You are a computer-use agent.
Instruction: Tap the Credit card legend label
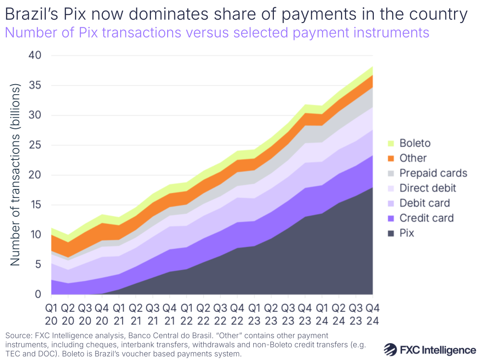426,218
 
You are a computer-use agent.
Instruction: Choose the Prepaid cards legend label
433,173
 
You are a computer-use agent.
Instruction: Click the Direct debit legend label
428,188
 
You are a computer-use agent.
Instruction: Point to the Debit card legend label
424,203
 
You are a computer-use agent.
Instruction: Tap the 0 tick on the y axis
38,294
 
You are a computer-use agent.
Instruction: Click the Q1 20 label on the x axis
52,313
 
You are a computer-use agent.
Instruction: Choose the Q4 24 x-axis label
371,313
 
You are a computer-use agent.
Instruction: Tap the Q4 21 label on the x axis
170,313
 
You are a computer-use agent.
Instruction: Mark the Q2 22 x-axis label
203,313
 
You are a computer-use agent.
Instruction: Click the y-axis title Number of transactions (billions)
15,175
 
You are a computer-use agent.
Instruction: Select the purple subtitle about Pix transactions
217,33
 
